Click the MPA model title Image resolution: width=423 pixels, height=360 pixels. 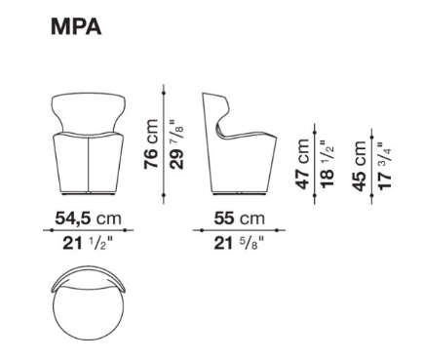tap(76, 26)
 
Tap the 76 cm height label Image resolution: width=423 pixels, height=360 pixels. tap(151, 144)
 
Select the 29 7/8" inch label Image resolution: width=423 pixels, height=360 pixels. tap(176, 144)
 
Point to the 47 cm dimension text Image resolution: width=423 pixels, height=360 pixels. tap(302, 164)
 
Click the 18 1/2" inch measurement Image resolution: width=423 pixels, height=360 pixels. tap(327, 164)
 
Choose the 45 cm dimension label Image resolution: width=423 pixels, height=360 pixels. tap(360, 166)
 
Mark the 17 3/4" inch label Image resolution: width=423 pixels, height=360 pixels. tap(385, 166)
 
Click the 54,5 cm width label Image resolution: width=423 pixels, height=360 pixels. tap(88, 219)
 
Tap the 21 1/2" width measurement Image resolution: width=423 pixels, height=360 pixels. tap(88, 243)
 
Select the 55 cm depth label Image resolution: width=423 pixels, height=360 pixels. tap(240, 219)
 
